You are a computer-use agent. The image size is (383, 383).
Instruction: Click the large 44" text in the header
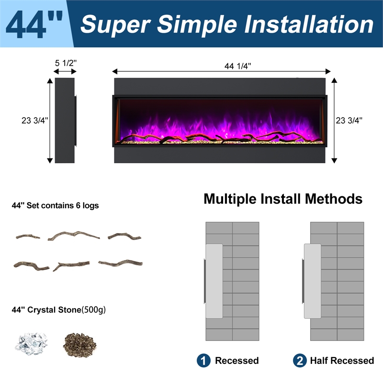coord(34,24)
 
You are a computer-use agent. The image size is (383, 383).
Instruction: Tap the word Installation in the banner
coord(309,24)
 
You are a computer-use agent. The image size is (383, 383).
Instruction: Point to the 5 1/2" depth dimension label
coord(66,63)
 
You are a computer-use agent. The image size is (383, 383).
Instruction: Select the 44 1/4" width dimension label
coord(237,66)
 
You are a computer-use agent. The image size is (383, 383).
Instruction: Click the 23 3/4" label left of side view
coord(35,121)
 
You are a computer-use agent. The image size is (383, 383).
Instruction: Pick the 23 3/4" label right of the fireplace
coord(349,121)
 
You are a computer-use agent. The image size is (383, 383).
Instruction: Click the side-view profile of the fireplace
coord(65,121)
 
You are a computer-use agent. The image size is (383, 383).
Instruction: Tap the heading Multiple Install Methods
coord(283,199)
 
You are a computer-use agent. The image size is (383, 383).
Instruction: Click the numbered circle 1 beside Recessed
coord(203,360)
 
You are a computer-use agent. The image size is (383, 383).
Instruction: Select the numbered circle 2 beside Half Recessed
coord(300,360)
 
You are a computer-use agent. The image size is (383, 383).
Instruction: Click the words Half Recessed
coord(342,360)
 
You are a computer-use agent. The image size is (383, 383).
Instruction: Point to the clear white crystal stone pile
coord(31,344)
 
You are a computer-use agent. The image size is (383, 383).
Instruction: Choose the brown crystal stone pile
coord(79,345)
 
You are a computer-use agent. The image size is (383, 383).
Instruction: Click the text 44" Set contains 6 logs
coord(55,205)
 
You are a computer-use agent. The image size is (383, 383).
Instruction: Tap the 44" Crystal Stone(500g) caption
coord(58,310)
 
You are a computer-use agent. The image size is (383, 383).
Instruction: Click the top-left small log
coord(28,237)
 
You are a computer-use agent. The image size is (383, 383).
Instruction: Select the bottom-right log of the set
coord(120,263)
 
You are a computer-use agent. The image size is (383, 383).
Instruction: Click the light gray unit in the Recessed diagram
coord(214,281)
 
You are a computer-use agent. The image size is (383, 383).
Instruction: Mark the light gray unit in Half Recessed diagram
coord(313,281)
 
